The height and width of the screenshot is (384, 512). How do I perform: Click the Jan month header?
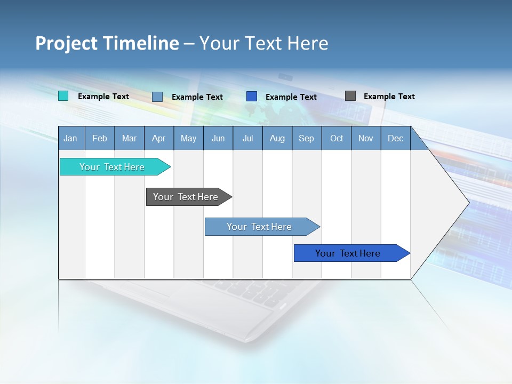(x=70, y=138)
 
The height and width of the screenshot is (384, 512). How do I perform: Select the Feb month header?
(x=100, y=138)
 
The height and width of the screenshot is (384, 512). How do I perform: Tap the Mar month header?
(x=129, y=138)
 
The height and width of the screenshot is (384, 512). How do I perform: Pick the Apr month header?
(x=159, y=138)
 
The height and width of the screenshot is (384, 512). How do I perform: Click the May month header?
(x=188, y=138)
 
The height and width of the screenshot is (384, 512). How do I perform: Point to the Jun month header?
(x=218, y=138)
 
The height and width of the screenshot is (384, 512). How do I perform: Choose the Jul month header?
(x=247, y=138)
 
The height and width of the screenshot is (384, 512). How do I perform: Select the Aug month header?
(x=277, y=138)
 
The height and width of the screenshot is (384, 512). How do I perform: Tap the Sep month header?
(x=307, y=138)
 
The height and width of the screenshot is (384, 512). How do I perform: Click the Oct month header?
(x=337, y=138)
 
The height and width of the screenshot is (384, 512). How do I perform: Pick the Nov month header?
(x=366, y=138)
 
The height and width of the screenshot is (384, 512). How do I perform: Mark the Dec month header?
(x=396, y=138)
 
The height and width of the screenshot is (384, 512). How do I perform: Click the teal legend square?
(x=63, y=96)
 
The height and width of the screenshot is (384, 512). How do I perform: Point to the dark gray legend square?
(x=350, y=96)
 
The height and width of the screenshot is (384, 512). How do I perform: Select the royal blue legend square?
(x=252, y=97)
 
